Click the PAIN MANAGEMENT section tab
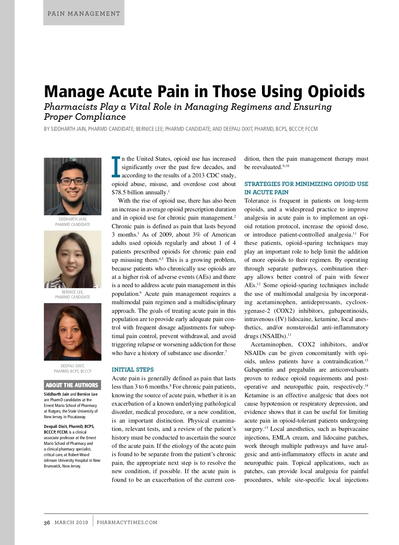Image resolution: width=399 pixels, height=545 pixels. pyautogui.click(x=84, y=14)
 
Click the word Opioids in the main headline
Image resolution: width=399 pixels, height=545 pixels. pyautogui.click(x=336, y=91)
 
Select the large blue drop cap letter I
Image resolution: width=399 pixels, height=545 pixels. pyautogui.click(x=116, y=167)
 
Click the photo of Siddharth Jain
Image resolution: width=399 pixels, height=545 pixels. pyautogui.click(x=72, y=186)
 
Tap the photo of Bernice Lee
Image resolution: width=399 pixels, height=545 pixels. pyautogui.click(x=72, y=259)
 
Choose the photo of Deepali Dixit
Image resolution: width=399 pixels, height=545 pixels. pyautogui.click(x=72, y=332)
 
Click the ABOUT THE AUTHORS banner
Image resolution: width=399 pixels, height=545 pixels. pyautogui.click(x=72, y=385)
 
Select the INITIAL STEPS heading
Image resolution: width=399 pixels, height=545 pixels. pyautogui.click(x=133, y=370)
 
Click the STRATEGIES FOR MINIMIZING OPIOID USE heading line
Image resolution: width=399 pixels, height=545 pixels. pyautogui.click(x=306, y=184)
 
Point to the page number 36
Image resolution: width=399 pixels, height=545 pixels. pyautogui.click(x=47, y=523)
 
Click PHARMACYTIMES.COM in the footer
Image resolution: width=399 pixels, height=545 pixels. pyautogui.click(x=127, y=522)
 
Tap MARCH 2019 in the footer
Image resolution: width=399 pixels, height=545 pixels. pyautogui.click(x=71, y=522)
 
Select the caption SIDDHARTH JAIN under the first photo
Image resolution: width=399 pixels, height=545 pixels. pyautogui.click(x=72, y=219)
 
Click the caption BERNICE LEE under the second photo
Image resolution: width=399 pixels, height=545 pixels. pyautogui.click(x=72, y=292)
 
